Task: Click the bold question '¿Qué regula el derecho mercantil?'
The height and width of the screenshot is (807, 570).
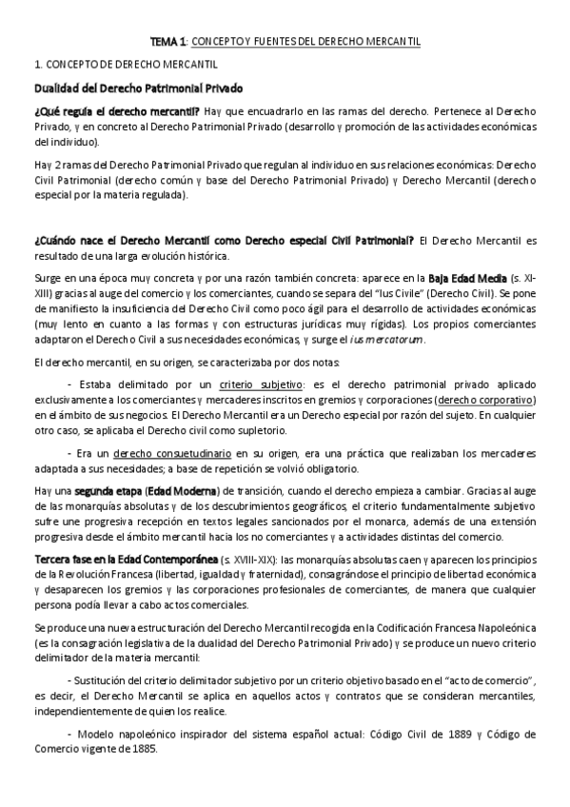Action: tap(113, 112)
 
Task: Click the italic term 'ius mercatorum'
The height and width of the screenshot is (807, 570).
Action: tap(393, 339)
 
